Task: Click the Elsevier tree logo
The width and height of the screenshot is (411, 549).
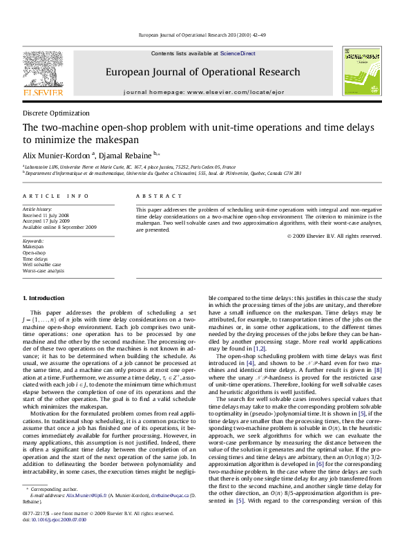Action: [x=44, y=70]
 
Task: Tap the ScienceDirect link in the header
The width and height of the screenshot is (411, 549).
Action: [x=238, y=53]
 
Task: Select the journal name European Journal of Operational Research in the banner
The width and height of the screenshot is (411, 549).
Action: [x=202, y=72]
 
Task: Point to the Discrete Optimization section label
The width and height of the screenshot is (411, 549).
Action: [x=56, y=113]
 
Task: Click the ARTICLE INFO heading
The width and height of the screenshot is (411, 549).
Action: [x=55, y=197]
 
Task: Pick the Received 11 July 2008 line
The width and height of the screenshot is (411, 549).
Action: [x=49, y=214]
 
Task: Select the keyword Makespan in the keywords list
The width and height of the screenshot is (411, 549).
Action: [x=32, y=246]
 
